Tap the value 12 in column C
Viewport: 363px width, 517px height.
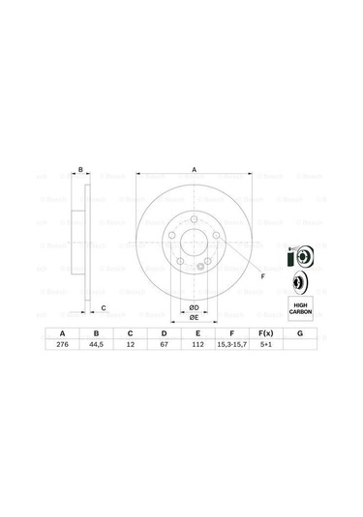129,345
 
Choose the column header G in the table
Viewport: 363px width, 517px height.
301,332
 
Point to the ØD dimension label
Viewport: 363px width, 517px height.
194,307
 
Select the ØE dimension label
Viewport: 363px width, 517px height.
194,317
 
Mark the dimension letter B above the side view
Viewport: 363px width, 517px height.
81,169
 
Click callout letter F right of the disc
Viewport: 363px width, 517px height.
261,276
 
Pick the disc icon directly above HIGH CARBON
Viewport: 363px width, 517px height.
299,283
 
